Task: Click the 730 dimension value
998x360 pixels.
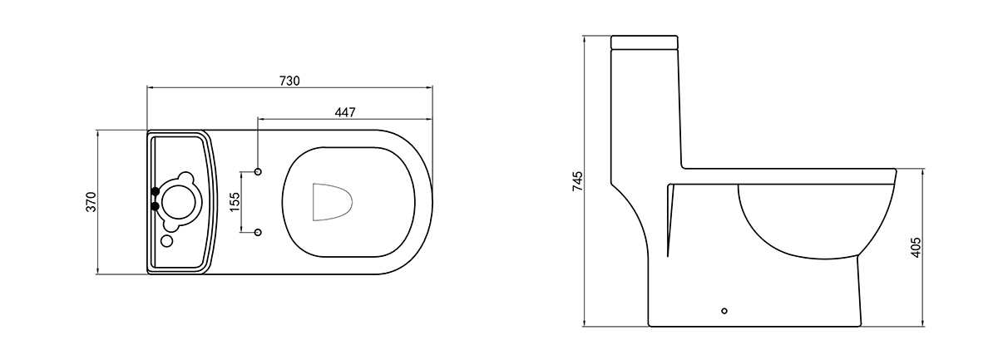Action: (289, 81)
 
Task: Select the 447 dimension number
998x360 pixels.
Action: (345, 112)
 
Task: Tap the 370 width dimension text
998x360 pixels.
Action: (91, 202)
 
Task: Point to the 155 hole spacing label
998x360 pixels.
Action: (235, 201)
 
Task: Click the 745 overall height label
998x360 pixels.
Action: (577, 181)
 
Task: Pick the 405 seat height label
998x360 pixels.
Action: (916, 247)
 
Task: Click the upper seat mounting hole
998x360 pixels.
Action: (258, 171)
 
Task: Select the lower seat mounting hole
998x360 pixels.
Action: (258, 232)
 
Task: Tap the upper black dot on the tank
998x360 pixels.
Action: (155, 191)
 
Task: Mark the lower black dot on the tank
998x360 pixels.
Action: (155, 206)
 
